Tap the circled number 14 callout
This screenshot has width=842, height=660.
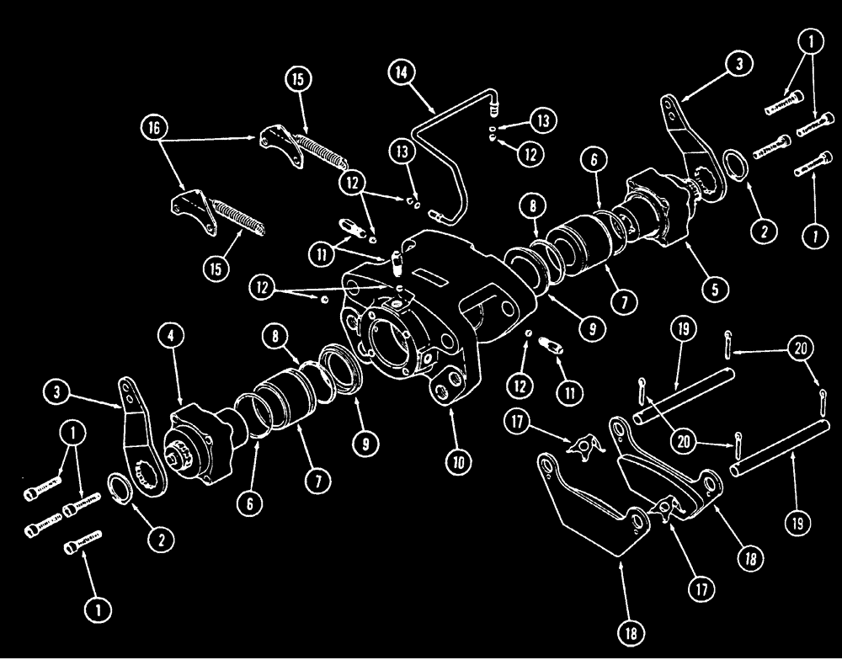tap(402, 73)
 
